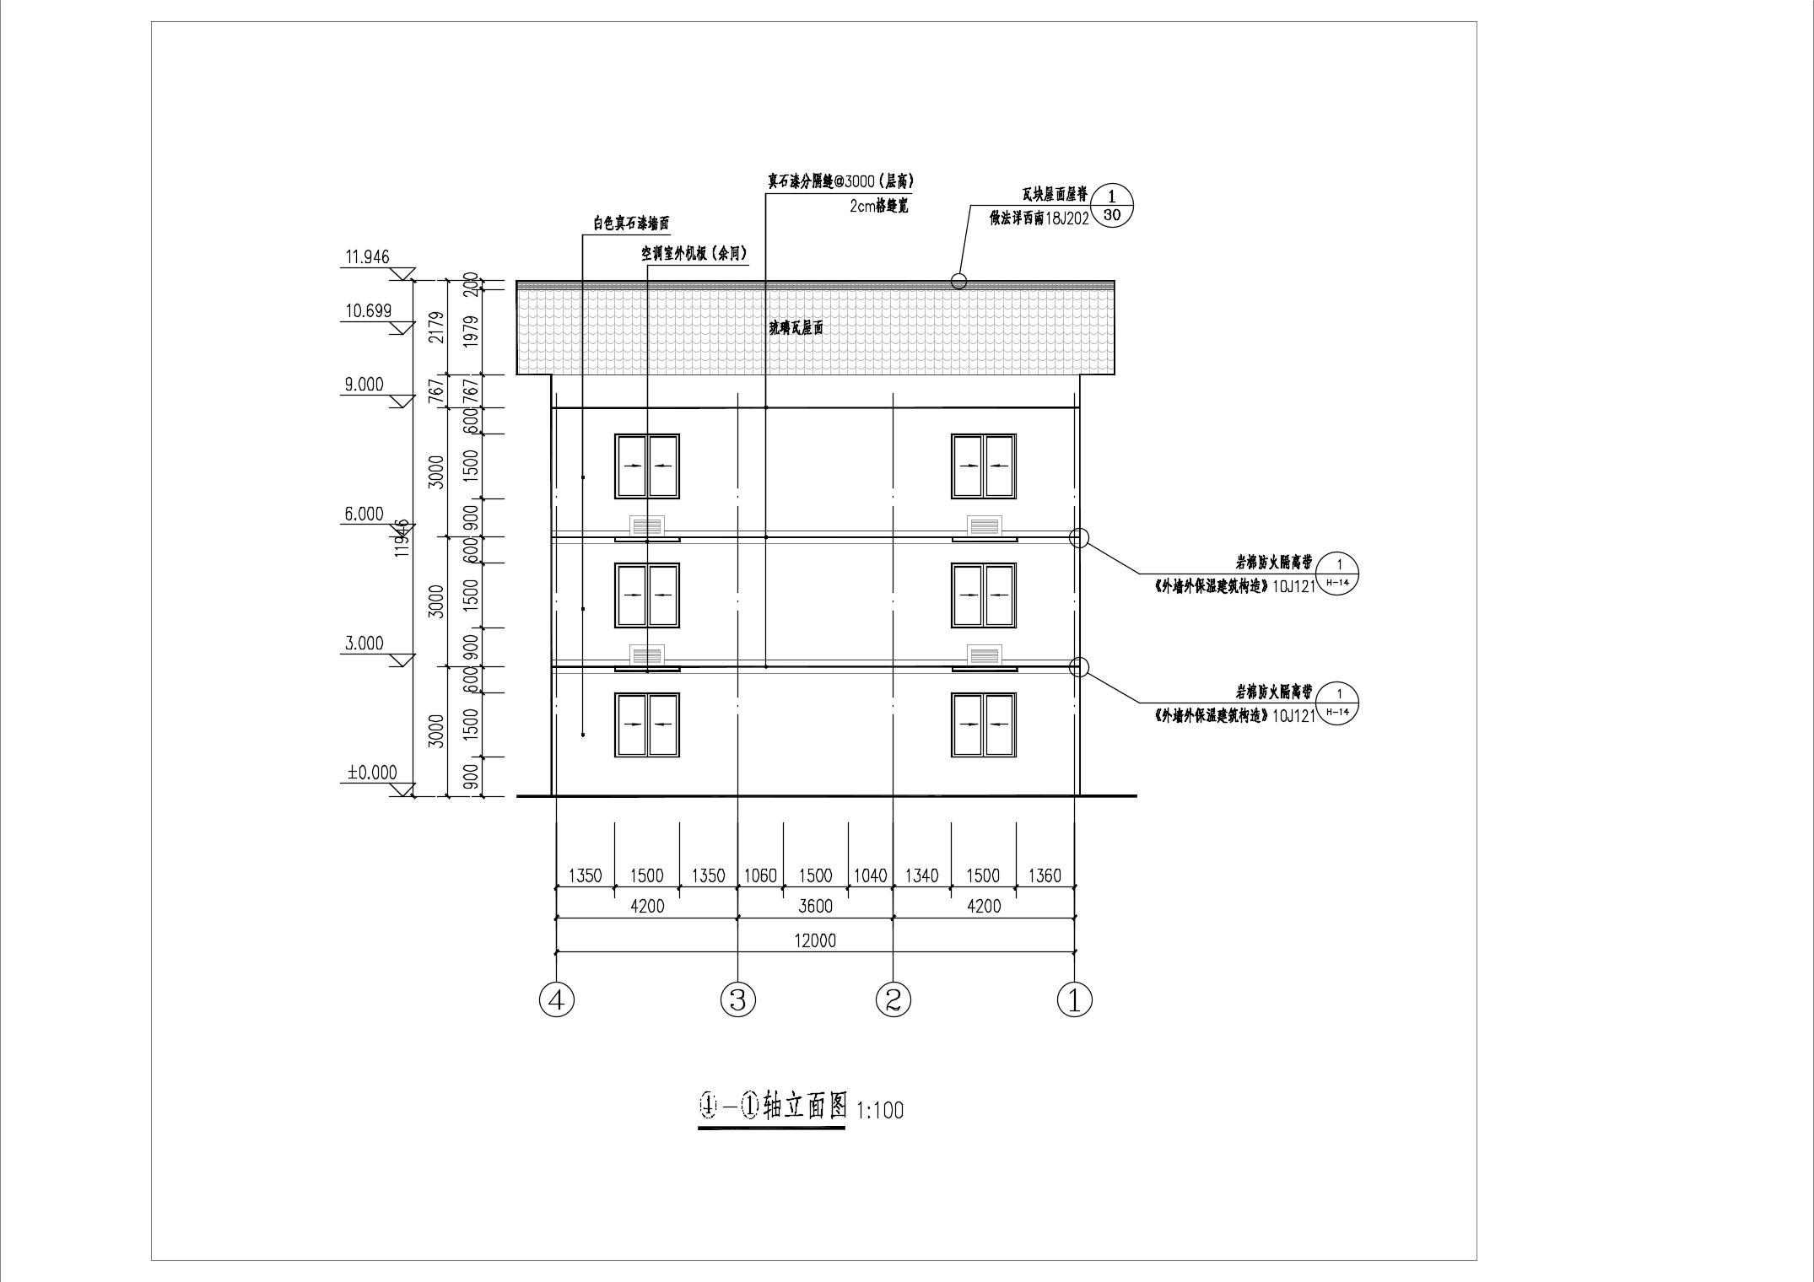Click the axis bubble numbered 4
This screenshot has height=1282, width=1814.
556,1000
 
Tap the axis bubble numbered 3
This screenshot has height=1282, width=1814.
738,1000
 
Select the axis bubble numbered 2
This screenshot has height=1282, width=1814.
894,1000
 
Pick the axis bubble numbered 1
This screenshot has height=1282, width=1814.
1075,1000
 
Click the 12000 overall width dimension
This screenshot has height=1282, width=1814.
815,940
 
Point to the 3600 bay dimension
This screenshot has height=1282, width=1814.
815,906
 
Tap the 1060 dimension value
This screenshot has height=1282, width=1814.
760,875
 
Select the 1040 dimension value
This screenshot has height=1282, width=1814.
871,875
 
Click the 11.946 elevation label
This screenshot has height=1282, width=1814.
368,256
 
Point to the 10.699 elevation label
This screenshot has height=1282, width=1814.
369,310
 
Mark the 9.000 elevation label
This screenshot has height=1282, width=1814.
364,385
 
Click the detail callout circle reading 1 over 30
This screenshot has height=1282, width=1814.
1112,206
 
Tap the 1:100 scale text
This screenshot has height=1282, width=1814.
880,1110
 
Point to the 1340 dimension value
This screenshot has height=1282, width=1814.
921,875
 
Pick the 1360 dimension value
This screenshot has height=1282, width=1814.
1045,875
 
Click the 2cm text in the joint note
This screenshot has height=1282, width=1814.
864,206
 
